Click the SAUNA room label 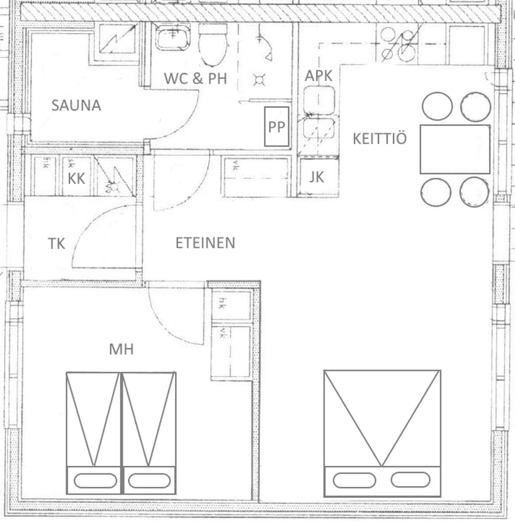tap(76, 105)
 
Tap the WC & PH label tap(195, 78)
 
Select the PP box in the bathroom tap(277, 127)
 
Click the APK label tap(319, 76)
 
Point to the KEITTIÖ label tap(379, 138)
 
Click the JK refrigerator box tap(317, 176)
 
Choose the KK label tap(77, 178)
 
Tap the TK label tap(56, 244)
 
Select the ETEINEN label tap(205, 243)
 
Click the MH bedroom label tap(121, 350)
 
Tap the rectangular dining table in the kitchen tap(455, 149)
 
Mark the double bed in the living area tap(382, 432)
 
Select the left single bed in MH tap(94, 432)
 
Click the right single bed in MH tap(149, 432)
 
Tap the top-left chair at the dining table tap(438, 106)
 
